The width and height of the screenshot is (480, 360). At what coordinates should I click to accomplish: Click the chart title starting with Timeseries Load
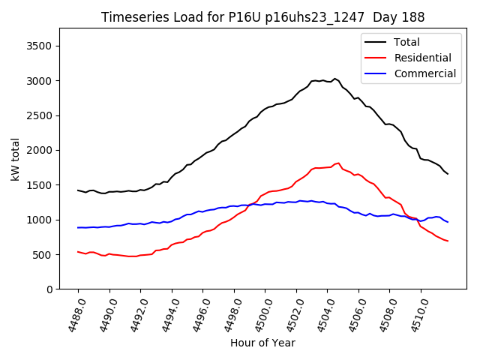[x=262, y=17]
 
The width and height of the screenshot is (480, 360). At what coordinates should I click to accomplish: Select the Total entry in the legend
[x=407, y=43]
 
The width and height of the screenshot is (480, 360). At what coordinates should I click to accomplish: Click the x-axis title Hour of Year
[x=262, y=343]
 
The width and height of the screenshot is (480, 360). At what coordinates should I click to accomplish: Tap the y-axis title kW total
[x=16, y=158]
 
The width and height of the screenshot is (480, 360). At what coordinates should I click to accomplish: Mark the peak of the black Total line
[x=334, y=78]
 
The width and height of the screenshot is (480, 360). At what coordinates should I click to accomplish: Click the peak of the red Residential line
[x=338, y=163]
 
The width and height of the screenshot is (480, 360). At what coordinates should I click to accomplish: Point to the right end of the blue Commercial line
[x=448, y=222]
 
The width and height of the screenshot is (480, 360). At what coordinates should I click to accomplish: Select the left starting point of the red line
[x=78, y=252]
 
